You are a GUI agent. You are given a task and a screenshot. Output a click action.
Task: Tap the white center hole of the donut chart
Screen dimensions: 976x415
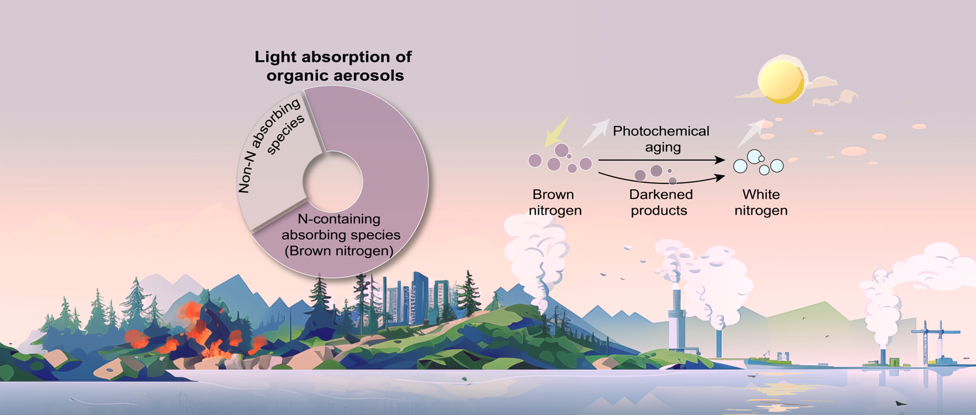(x=332, y=182)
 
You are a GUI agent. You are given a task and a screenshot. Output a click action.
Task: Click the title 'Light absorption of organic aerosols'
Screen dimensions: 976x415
(x=333, y=66)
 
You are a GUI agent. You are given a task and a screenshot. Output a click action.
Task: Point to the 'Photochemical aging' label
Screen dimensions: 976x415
(x=661, y=139)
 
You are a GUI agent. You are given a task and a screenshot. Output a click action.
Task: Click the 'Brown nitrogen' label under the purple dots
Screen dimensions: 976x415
(x=555, y=202)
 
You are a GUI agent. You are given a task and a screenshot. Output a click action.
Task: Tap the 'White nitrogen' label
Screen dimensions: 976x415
(x=761, y=202)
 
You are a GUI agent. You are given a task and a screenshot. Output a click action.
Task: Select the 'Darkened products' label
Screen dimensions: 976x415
(x=660, y=202)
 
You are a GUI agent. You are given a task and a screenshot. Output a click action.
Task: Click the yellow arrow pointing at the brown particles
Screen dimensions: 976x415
(x=556, y=132)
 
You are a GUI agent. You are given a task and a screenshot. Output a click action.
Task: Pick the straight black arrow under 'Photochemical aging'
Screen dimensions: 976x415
(x=661, y=160)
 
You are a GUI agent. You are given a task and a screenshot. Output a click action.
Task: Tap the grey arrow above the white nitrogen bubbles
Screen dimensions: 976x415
(x=751, y=133)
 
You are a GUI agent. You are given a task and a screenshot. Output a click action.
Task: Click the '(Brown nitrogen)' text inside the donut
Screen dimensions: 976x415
(x=339, y=251)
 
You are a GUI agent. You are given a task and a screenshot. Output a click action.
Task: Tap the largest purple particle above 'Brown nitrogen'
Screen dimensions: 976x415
(x=561, y=150)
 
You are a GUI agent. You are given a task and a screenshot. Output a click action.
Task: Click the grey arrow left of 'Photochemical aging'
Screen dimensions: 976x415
(x=595, y=133)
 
